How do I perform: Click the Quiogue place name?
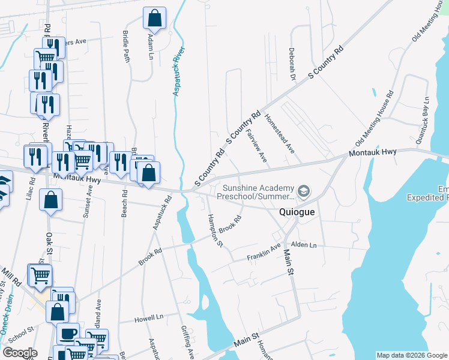click(298, 212)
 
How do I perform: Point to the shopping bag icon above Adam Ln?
click(154, 19)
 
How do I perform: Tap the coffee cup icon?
click(68, 333)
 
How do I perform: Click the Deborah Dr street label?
click(293, 64)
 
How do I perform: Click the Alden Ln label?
click(303, 245)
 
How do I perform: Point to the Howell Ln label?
click(149, 317)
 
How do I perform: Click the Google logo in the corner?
click(20, 353)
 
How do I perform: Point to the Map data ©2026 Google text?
click(411, 355)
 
